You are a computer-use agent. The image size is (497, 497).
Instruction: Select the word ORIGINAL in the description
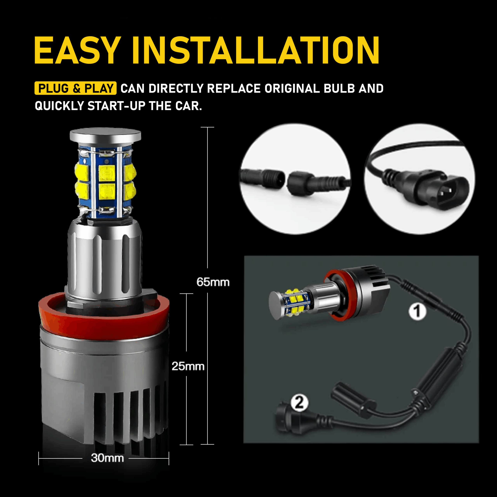[292, 89]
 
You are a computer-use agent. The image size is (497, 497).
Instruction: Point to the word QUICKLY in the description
[59, 106]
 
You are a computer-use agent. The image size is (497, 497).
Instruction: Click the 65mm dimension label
[213, 282]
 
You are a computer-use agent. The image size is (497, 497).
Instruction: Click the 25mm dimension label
[188, 366]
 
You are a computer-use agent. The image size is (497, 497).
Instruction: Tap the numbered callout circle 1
[417, 312]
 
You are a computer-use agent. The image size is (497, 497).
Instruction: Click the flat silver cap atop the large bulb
[105, 136]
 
